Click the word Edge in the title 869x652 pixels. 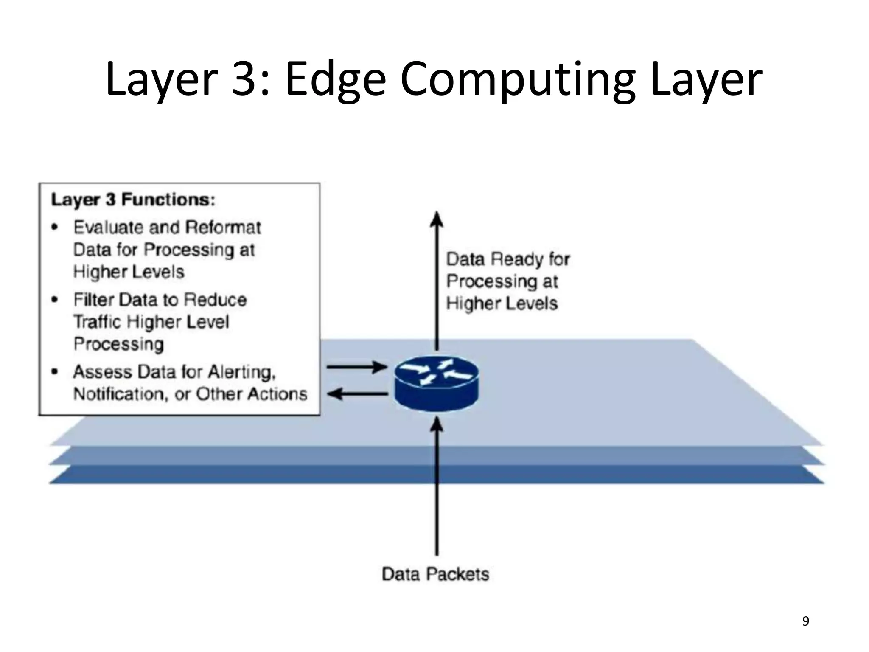click(335, 80)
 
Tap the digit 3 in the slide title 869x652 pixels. click(246, 80)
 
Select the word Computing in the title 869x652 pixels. click(518, 80)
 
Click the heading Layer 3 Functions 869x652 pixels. click(133, 200)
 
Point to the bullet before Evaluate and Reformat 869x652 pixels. click(54, 228)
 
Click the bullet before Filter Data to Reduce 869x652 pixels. click(54, 300)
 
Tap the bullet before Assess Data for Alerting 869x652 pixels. click(54, 372)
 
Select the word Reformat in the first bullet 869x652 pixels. click(223, 228)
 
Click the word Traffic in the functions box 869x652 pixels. click(97, 322)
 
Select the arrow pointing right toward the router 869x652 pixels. click(356, 367)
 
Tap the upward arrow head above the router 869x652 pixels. click(437, 219)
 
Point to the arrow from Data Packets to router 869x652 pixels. click(437, 488)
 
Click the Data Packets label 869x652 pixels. click(435, 574)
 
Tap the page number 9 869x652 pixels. click(805, 621)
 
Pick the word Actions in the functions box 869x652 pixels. click(277, 394)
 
